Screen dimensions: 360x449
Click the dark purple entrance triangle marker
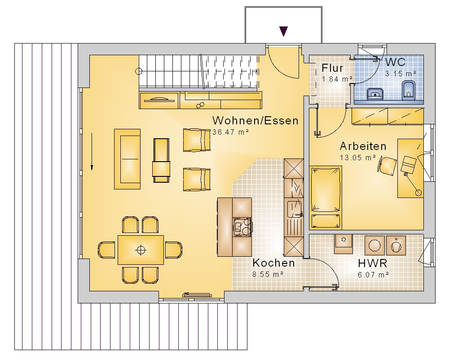(283, 31)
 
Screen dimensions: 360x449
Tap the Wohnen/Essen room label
(255, 120)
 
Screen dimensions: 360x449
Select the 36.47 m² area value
(229, 132)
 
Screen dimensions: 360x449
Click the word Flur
(332, 68)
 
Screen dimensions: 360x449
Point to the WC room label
(395, 62)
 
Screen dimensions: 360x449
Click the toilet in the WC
(408, 90)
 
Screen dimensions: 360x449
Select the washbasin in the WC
(375, 93)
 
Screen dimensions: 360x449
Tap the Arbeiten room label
(363, 146)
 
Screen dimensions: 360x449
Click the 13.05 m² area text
(358, 158)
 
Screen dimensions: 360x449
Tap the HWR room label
(373, 263)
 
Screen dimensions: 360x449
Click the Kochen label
(273, 263)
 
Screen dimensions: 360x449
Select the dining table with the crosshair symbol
(141, 249)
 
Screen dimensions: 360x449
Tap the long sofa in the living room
(128, 159)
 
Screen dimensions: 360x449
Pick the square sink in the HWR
(344, 244)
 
